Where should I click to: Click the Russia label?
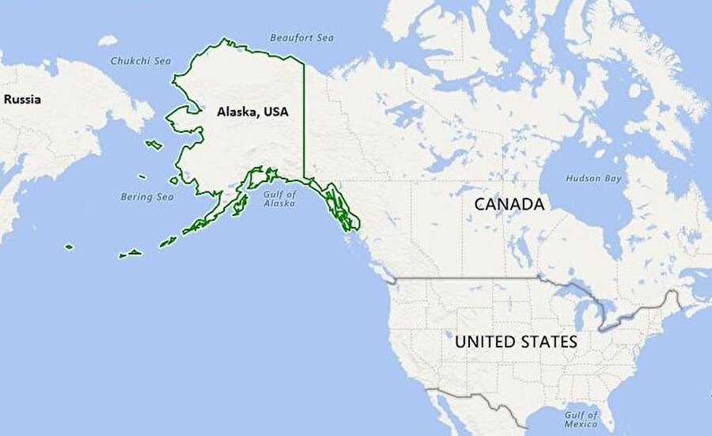pyautogui.click(x=22, y=100)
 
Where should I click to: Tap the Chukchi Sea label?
pyautogui.click(x=140, y=60)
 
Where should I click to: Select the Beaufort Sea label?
pyautogui.click(x=301, y=37)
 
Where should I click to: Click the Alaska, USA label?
pyautogui.click(x=252, y=112)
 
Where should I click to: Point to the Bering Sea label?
pyautogui.click(x=146, y=196)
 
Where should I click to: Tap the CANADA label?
pyautogui.click(x=509, y=204)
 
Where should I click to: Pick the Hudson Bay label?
pyautogui.click(x=591, y=179)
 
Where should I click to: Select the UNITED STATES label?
pyautogui.click(x=515, y=342)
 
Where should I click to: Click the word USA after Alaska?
pyautogui.click(x=275, y=112)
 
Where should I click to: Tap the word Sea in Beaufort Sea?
pyautogui.click(x=325, y=37)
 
